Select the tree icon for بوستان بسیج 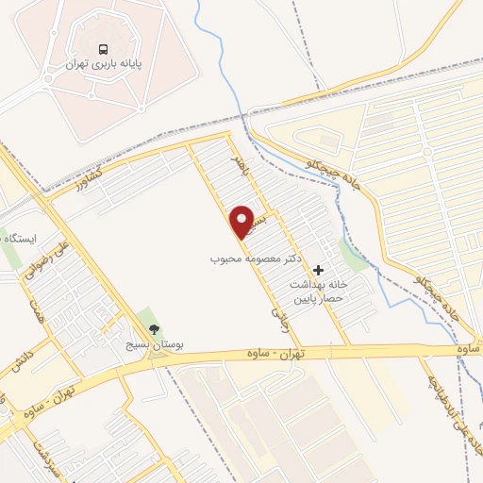click(x=154, y=328)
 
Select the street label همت click(x=38, y=307)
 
